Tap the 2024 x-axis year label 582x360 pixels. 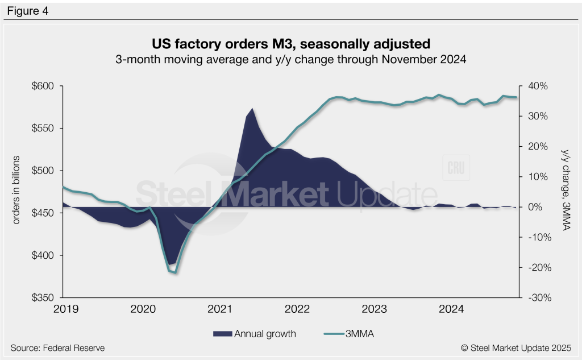click(x=452, y=309)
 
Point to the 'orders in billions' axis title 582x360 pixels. click(x=16, y=189)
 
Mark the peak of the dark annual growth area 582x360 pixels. click(x=252, y=109)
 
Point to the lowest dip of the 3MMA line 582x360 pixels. click(x=176, y=272)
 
